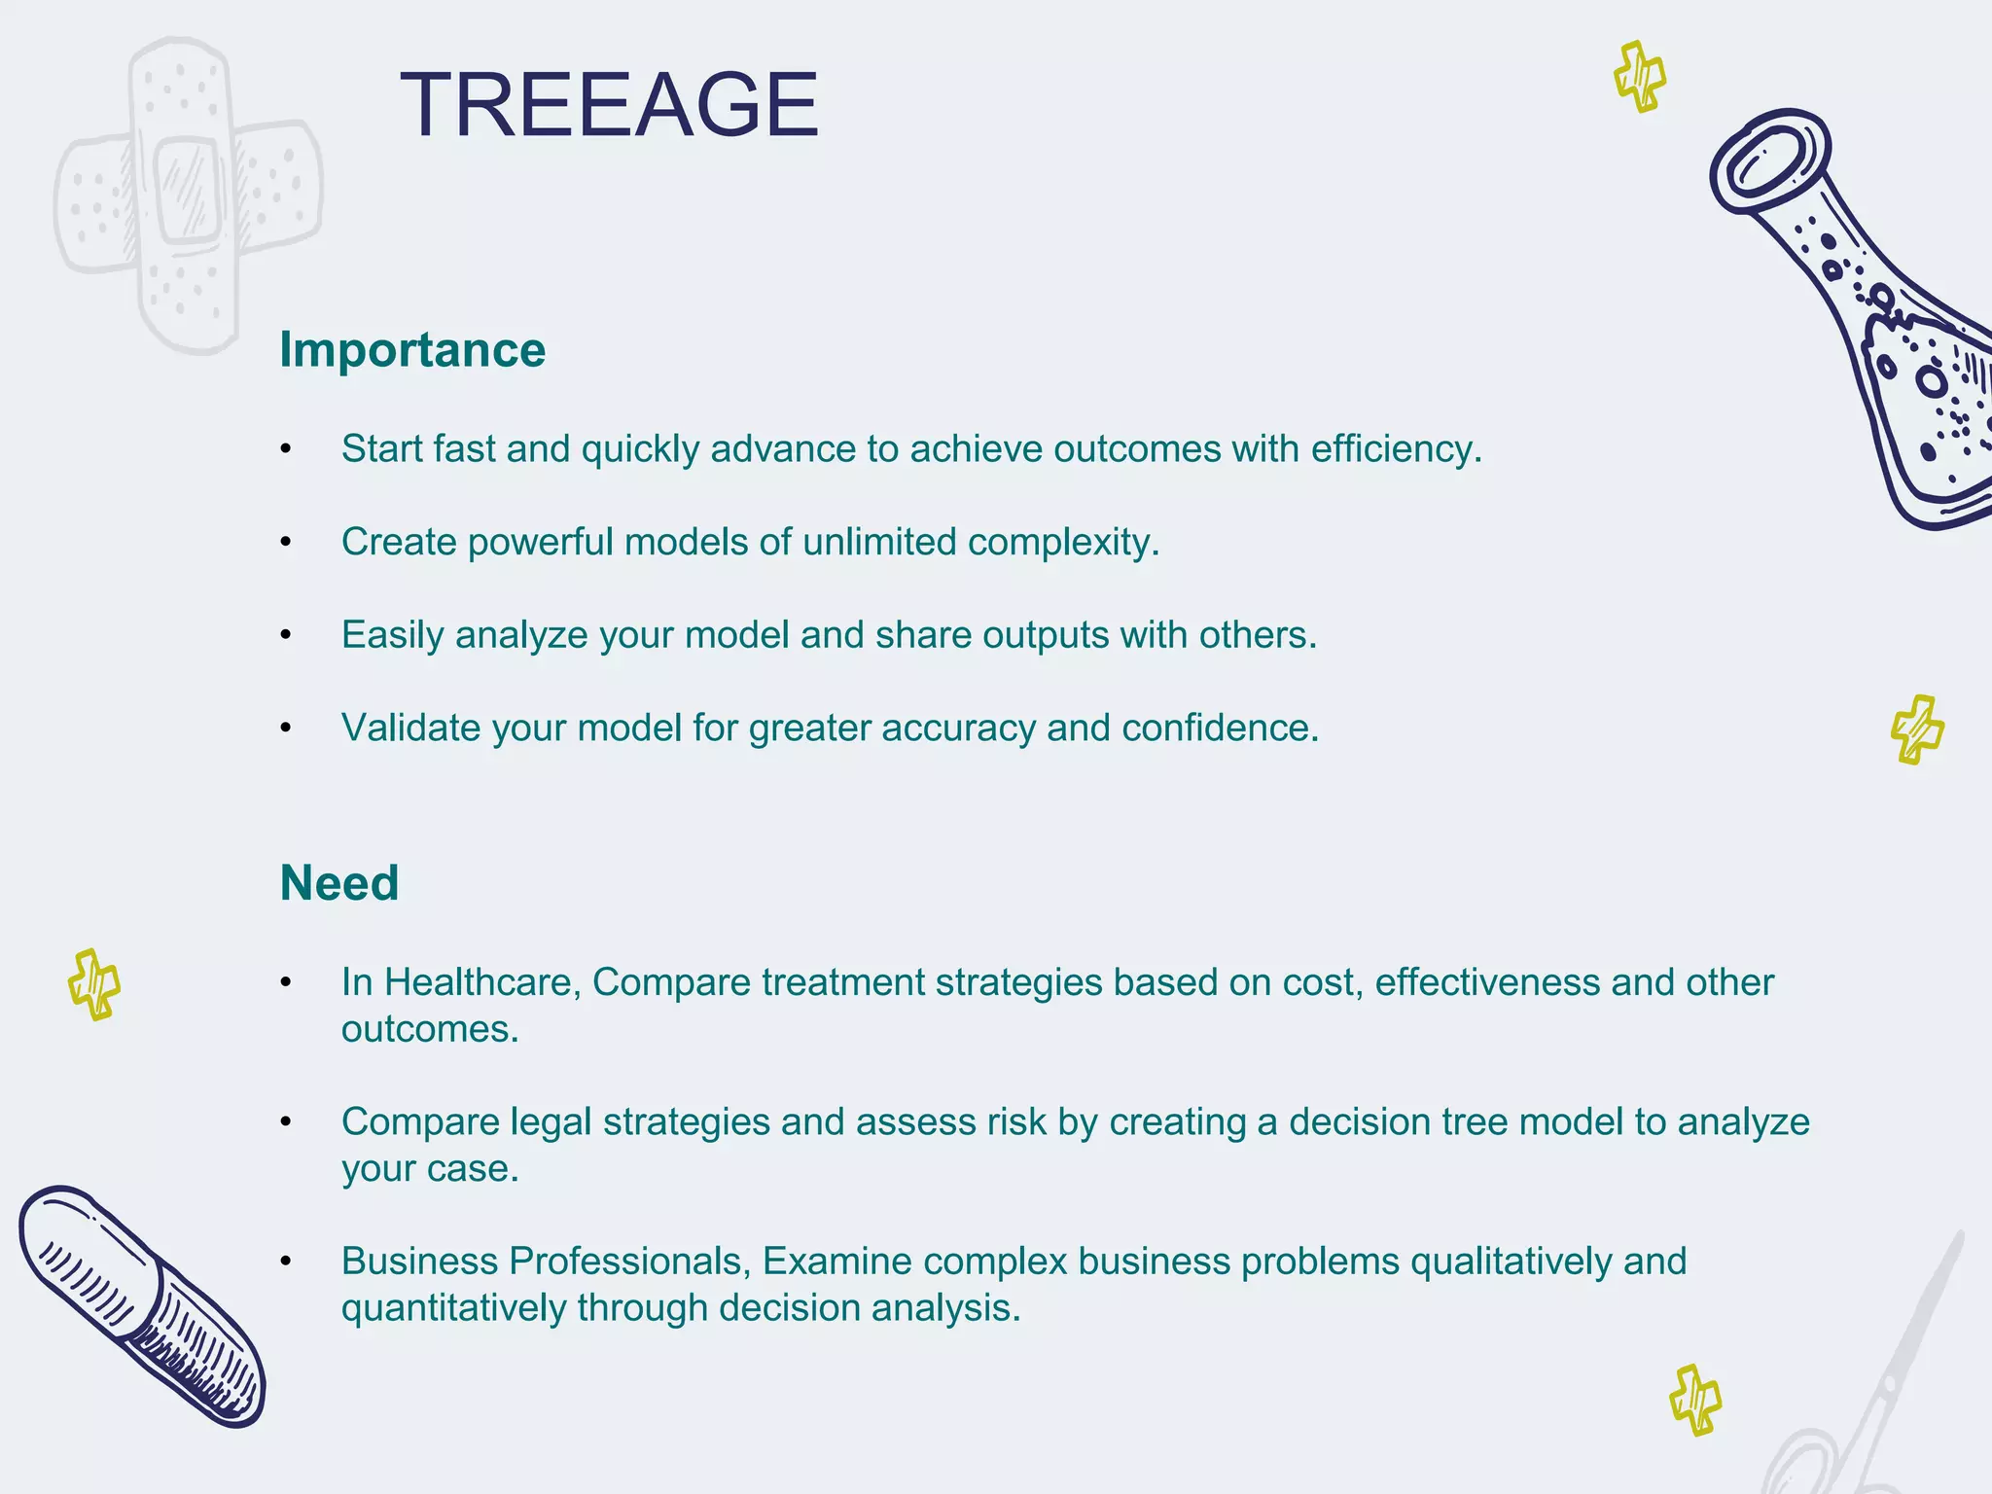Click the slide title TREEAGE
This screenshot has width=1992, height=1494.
(609, 105)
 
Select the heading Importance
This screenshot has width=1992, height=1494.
(412, 350)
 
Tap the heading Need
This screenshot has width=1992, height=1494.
(339, 883)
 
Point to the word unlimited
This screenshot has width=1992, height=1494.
(879, 542)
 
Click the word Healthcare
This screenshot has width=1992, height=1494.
(481, 982)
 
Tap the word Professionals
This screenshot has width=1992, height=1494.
(628, 1262)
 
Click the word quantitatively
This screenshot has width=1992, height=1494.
(453, 1308)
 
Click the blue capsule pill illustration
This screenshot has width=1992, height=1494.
(142, 1306)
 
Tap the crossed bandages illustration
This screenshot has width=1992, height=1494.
(187, 193)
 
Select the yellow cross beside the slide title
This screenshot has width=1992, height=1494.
(1640, 76)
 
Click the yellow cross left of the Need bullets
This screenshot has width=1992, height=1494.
(94, 984)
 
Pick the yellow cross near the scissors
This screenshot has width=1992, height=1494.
(1694, 1400)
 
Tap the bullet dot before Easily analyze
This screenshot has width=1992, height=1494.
(286, 635)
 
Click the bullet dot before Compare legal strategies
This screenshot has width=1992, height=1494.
(286, 1122)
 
